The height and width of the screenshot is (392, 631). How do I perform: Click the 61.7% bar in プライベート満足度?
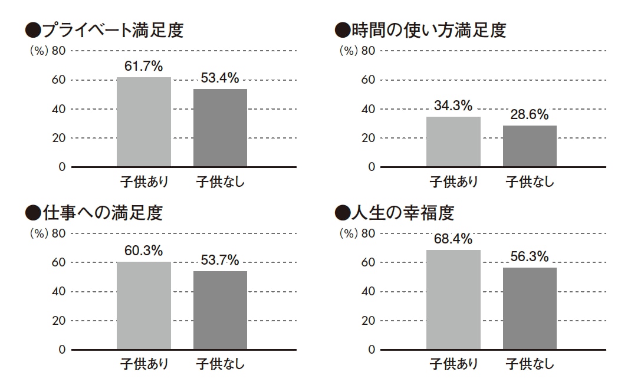tap(144, 122)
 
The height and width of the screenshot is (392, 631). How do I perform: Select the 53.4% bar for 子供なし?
tap(220, 128)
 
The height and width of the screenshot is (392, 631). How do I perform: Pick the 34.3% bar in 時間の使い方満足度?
tap(453, 142)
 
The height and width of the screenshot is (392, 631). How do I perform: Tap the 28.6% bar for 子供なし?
tap(530, 146)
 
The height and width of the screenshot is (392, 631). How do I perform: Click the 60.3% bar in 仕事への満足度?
tap(144, 305)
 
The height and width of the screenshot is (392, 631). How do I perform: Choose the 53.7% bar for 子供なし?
tap(220, 310)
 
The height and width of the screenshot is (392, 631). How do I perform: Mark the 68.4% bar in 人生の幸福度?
tap(453, 299)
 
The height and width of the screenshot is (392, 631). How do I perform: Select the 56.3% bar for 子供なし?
tap(530, 308)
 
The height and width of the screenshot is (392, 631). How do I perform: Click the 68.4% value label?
tap(453, 239)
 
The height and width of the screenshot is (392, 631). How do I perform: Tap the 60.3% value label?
tap(143, 251)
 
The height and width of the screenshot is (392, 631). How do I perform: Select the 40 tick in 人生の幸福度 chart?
tap(368, 292)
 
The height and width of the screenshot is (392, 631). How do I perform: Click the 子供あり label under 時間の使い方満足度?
tap(453, 182)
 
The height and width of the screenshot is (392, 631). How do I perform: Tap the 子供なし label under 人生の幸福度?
tap(530, 364)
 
